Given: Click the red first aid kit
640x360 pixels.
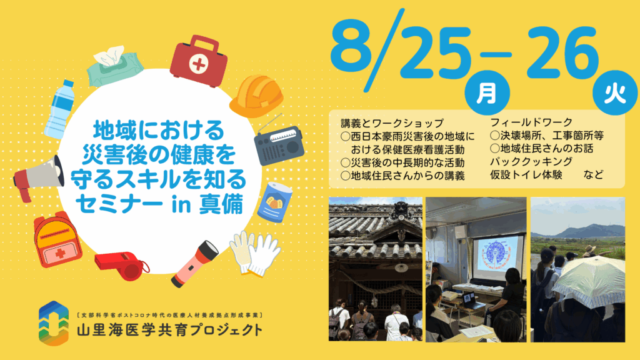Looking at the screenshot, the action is (199, 61).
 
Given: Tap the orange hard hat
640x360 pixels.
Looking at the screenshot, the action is (256, 96).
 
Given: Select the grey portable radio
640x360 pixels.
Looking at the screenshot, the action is (279, 144).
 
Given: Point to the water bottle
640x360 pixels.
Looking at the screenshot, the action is (60, 109).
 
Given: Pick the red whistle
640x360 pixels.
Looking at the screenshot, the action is (122, 265).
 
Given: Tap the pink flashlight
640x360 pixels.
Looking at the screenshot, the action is (195, 264).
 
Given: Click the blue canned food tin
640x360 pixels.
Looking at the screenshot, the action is (275, 202).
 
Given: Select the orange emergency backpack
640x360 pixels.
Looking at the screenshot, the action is (57, 239).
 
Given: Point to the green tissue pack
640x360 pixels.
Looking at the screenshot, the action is (114, 66).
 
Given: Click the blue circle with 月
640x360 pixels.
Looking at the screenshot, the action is (487, 92).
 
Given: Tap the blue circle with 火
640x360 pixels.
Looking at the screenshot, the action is (615, 92).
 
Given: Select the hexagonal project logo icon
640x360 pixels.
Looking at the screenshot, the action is (54, 323).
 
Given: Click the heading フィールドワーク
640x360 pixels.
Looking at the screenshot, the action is (531, 122).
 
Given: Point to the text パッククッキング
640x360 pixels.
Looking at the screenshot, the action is (531, 161).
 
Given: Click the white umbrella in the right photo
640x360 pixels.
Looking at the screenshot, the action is (590, 282).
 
